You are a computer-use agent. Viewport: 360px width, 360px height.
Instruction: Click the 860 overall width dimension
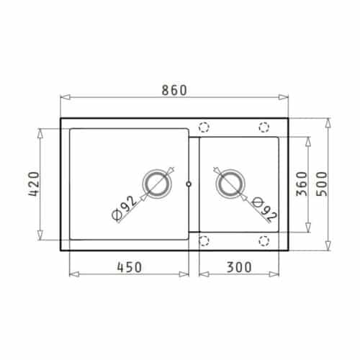[174, 90]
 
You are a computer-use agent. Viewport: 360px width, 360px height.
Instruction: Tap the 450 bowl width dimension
[130, 266]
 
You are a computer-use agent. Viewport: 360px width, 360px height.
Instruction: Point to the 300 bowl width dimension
[238, 266]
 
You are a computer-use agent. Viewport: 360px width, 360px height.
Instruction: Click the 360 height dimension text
[301, 186]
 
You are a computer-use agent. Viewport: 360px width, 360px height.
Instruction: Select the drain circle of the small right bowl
[230, 184]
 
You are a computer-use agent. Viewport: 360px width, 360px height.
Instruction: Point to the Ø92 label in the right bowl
[266, 211]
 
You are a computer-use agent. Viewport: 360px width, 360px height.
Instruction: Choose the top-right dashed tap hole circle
[263, 127]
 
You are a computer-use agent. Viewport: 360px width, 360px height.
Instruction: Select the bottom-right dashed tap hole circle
[263, 240]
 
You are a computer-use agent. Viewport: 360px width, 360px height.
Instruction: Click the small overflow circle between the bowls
[189, 184]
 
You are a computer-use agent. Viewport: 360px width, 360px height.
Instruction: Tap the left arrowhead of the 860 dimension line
[63, 98]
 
